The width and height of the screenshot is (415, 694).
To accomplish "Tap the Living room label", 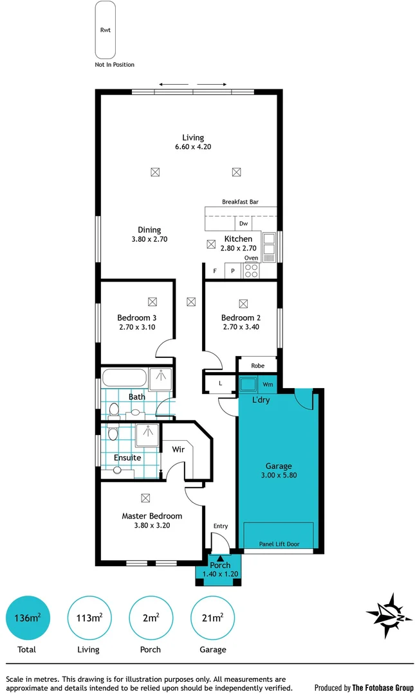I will click(x=193, y=138).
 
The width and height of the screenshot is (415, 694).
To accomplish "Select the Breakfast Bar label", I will click(x=240, y=202).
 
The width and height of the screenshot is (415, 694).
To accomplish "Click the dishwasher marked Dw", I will click(x=243, y=224).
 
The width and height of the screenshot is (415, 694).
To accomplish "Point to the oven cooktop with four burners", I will click(x=251, y=271).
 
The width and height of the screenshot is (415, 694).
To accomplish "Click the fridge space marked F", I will click(x=214, y=271).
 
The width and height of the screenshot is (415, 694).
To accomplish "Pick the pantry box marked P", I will click(x=233, y=271).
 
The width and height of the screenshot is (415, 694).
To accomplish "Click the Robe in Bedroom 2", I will click(x=257, y=366).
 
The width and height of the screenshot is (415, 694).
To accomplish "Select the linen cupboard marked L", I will click(x=220, y=384).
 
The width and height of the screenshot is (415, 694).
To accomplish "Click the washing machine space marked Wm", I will click(x=268, y=384).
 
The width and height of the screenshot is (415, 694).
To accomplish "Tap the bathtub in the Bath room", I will click(x=124, y=378).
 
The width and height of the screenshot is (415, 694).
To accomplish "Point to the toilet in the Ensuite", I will click(x=113, y=434).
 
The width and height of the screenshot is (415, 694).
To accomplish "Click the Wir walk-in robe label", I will click(x=178, y=449).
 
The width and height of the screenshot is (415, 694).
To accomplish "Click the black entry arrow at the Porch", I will click(x=220, y=558).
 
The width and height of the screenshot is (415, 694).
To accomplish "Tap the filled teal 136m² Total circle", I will click(x=26, y=618).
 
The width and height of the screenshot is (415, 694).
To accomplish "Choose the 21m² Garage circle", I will click(x=212, y=618).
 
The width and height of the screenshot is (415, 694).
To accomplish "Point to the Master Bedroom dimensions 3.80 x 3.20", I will click(x=152, y=525).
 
